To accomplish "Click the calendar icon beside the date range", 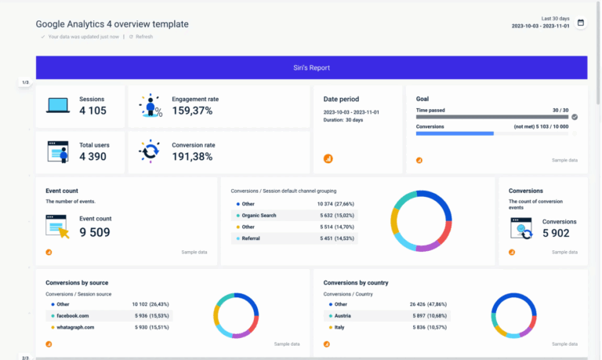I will pos(581,23).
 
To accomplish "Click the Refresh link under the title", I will pos(143,36).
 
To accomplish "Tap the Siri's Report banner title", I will pos(311,67).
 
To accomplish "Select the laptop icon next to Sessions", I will pos(58,106).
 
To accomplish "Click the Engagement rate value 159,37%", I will pos(192,111).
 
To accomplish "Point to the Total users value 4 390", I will pos(92,156).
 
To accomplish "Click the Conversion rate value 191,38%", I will pos(192,156).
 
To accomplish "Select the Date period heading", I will pos(342,99).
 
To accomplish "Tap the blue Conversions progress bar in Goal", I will pos(455,133).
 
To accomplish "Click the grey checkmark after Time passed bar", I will pos(575,117).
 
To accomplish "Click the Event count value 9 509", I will pos(95,231).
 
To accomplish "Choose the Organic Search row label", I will pos(259,215).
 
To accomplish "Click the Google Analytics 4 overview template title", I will pos(112,24).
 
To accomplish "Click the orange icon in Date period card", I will pos(328,158).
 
